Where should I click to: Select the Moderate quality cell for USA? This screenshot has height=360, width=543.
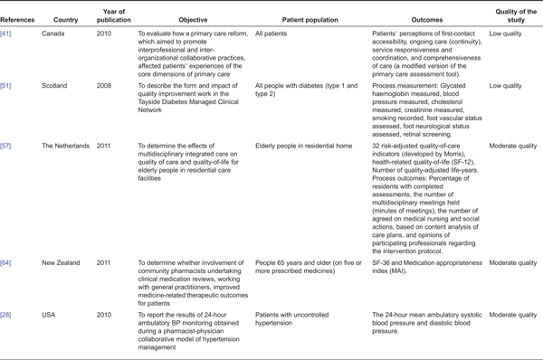pos(510,311)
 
